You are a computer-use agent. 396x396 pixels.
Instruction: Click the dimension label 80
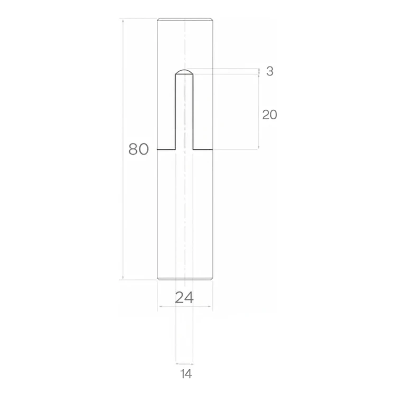139,149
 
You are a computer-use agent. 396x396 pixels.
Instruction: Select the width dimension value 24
184,297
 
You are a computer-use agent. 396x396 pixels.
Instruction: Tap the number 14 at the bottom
186,374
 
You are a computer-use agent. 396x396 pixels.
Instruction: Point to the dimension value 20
269,115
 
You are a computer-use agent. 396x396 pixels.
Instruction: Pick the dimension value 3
270,71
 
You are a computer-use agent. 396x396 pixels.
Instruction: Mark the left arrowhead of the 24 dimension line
159,307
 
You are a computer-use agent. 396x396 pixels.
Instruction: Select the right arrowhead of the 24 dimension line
210,307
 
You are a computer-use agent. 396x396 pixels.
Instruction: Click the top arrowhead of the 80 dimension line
123,21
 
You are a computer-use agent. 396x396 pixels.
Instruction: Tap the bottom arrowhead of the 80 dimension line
123,278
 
